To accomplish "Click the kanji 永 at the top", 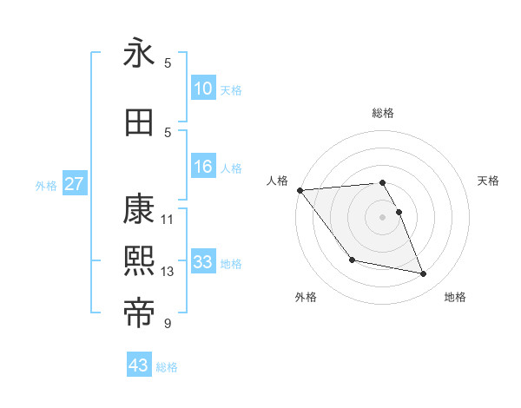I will click(139, 54).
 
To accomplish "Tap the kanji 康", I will click(139, 209).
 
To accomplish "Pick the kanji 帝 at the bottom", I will click(139, 312).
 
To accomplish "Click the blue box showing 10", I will click(203, 89).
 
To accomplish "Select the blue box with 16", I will click(203, 167).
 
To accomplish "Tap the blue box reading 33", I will click(203, 262).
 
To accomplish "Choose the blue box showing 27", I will click(75, 184).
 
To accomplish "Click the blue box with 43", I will click(139, 365).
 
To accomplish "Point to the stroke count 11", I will click(168, 219).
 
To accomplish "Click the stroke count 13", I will click(168, 272).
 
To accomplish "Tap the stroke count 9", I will click(168, 324).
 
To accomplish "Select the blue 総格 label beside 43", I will click(167, 367).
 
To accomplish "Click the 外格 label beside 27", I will click(46, 185).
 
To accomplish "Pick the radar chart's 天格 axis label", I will click(489, 181).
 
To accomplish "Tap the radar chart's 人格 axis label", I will click(277, 181).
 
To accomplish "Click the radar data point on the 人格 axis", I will click(300, 190).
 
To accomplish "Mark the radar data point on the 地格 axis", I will click(424, 274).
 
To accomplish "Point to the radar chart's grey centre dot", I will click(382, 217).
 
